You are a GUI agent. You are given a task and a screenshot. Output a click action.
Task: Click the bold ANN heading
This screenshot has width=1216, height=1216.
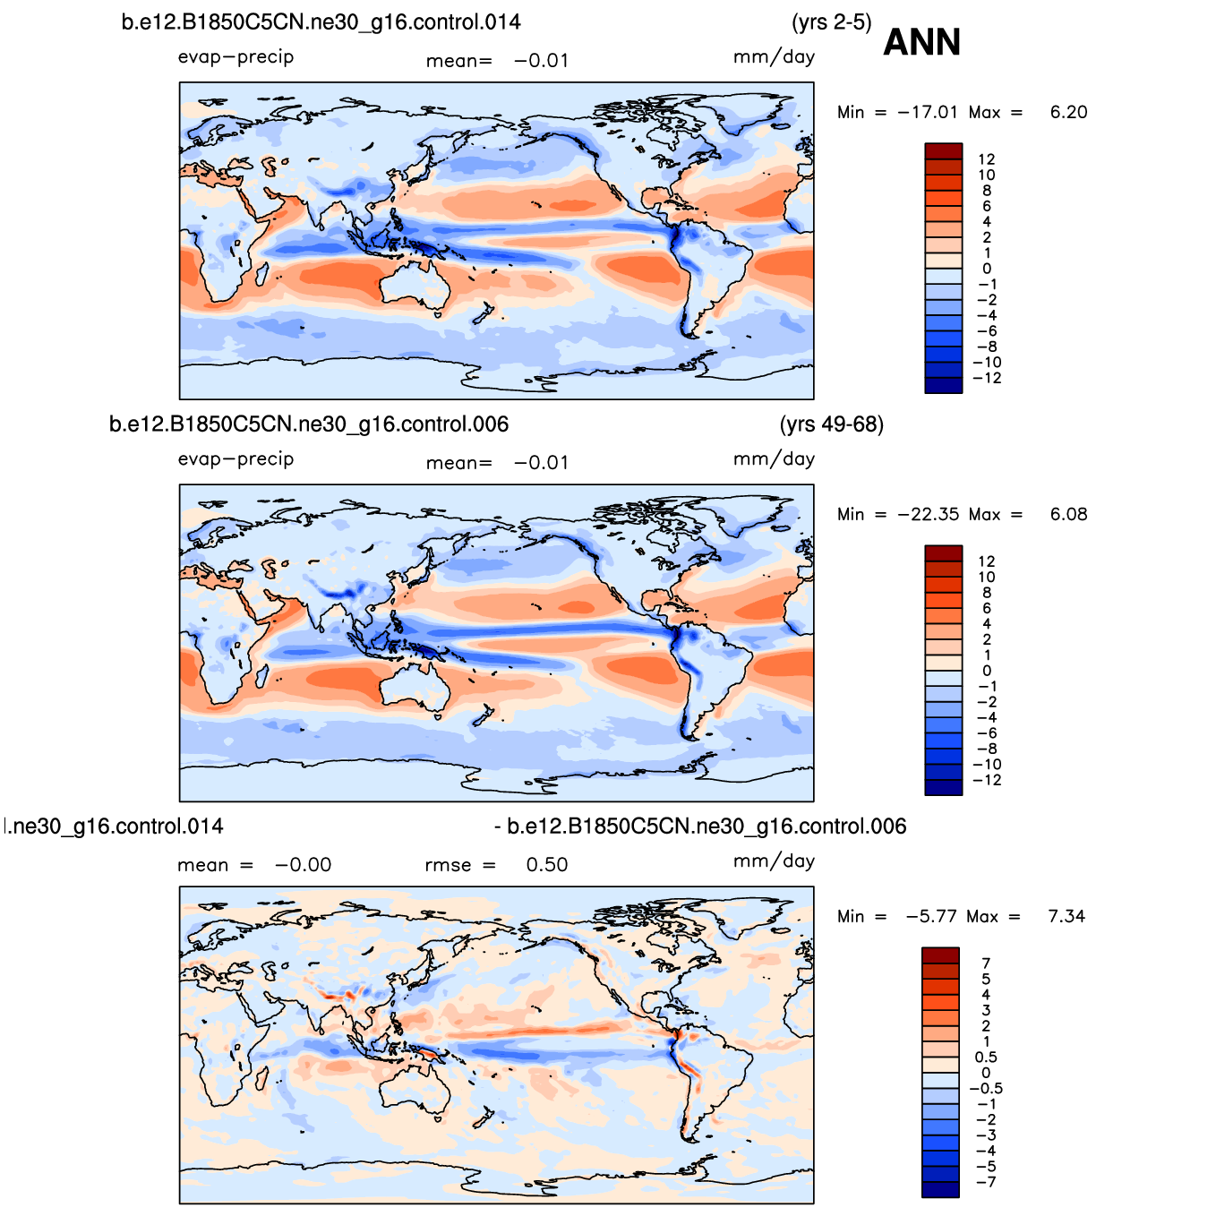(921, 42)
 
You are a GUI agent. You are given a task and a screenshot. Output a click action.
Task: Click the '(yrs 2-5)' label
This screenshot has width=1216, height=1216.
(831, 21)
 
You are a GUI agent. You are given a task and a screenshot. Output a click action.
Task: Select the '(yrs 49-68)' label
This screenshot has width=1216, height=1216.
(831, 424)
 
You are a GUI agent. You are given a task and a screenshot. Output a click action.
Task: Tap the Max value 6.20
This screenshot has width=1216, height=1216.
(1068, 112)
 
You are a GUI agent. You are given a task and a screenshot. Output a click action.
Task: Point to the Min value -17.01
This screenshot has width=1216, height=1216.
(928, 112)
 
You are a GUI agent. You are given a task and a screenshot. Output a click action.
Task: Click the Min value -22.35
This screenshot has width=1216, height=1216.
(928, 514)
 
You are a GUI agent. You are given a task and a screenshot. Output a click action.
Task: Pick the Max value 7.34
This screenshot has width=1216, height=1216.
(1066, 916)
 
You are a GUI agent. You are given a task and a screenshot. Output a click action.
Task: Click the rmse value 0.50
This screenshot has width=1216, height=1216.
(546, 865)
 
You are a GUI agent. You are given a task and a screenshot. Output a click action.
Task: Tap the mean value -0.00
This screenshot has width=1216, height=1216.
(303, 865)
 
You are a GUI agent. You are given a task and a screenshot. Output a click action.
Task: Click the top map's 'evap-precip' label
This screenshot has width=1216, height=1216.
(235, 57)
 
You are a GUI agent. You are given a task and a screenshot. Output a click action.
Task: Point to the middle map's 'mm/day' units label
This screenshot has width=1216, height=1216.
(774, 459)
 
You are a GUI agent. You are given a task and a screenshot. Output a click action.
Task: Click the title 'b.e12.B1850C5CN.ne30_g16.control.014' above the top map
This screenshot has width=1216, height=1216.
(321, 21)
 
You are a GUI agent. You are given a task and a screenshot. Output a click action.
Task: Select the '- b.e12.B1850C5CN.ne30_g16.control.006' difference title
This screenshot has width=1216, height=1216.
(700, 826)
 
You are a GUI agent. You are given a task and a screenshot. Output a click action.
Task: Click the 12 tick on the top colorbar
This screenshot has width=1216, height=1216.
(986, 159)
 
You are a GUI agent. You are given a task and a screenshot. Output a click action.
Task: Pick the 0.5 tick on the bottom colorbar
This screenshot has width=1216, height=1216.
(986, 1058)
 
